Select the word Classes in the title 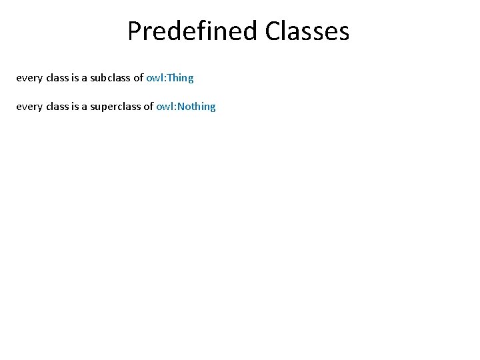point(307,31)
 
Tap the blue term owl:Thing point(170,78)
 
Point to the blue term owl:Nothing point(186,107)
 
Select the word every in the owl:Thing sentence point(29,78)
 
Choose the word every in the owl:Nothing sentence point(29,107)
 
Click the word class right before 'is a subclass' point(57,78)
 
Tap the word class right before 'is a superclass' point(57,107)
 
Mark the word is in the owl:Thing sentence point(75,78)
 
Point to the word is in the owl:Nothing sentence point(75,107)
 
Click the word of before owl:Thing point(139,78)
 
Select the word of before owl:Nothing point(148,107)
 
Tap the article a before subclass point(85,78)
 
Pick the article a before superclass point(85,107)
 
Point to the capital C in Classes point(272,31)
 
